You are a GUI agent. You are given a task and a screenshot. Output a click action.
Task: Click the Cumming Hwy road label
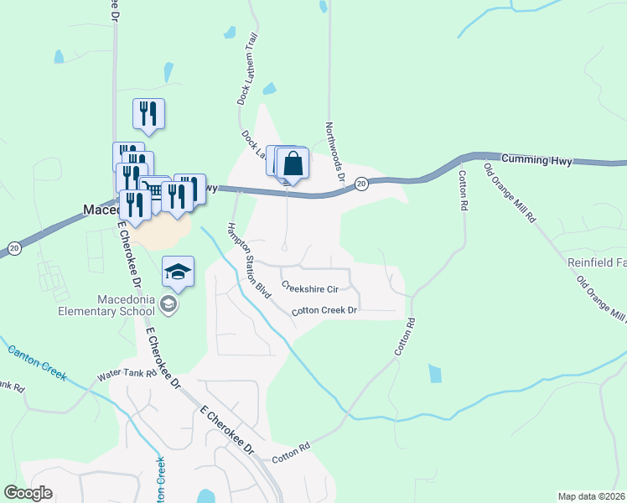[536, 159]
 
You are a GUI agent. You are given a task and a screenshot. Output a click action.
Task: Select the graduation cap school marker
[179, 272]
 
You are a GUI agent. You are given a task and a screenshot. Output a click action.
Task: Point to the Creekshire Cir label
[309, 288]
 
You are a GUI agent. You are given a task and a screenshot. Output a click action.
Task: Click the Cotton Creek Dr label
[324, 311]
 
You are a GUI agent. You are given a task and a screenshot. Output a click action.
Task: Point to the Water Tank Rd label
[127, 374]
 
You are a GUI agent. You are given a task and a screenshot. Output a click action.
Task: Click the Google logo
[28, 493]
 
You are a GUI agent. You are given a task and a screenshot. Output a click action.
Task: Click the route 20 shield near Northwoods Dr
[360, 184]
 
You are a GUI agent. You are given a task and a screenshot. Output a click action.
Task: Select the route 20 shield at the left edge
[13, 247]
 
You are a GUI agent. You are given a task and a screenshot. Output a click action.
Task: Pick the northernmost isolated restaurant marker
[148, 113]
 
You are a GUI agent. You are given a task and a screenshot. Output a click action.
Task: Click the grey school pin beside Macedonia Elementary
[169, 304]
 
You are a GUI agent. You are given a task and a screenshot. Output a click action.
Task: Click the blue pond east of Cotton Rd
[433, 373]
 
